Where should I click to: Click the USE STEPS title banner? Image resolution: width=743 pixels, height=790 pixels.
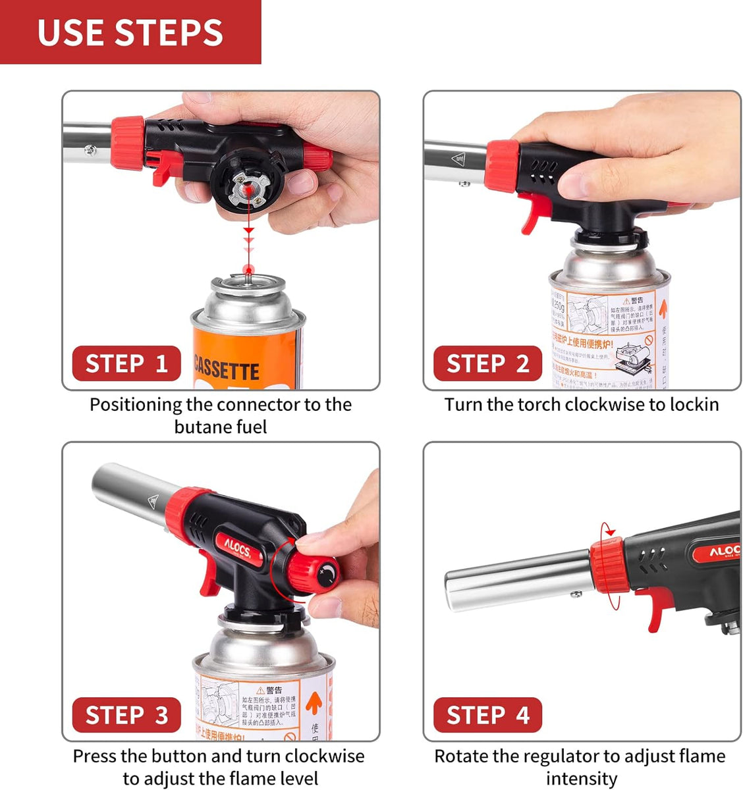coord(130,32)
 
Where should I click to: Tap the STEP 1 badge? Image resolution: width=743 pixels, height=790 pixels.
coord(126,363)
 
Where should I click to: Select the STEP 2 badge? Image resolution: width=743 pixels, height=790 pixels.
coord(487,363)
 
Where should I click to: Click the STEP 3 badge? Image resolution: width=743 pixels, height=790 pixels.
coord(126,715)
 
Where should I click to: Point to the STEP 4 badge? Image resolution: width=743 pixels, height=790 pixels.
coord(487,715)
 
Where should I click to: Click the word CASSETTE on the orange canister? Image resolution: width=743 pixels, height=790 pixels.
coord(226,369)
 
